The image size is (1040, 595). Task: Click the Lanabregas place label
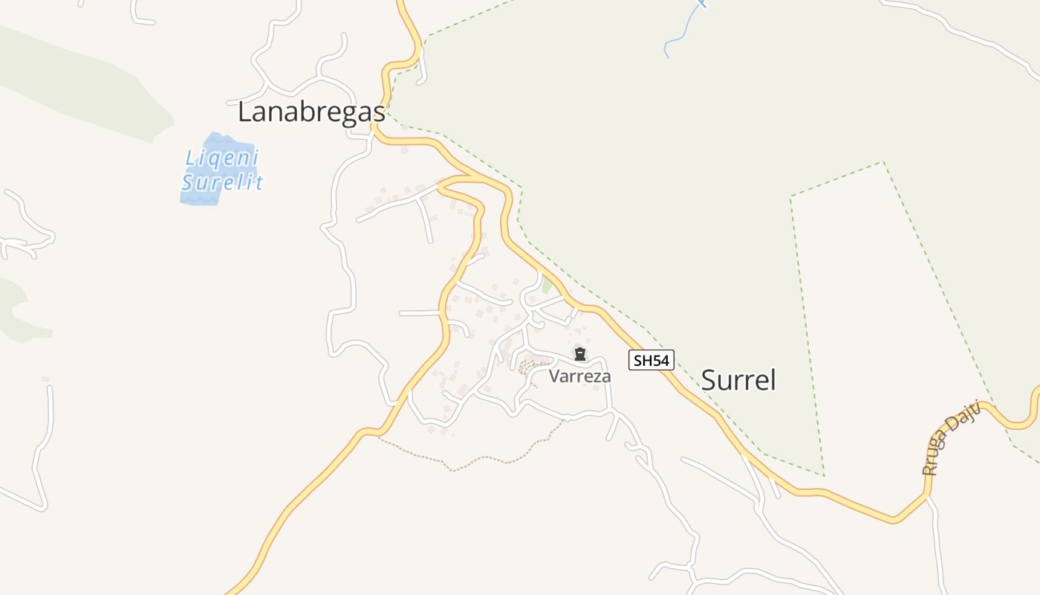(311, 112)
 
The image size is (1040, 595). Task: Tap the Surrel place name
(738, 380)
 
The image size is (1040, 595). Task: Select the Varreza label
(579, 376)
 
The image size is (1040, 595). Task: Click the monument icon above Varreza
(580, 354)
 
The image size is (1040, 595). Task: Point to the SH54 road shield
(651, 361)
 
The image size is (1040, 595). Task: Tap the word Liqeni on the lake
(221, 158)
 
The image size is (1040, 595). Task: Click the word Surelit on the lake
(222, 181)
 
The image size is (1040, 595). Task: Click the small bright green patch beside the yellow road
(547, 284)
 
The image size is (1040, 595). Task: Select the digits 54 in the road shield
(660, 361)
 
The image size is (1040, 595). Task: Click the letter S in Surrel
(709, 380)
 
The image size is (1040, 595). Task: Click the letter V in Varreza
(554, 376)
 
